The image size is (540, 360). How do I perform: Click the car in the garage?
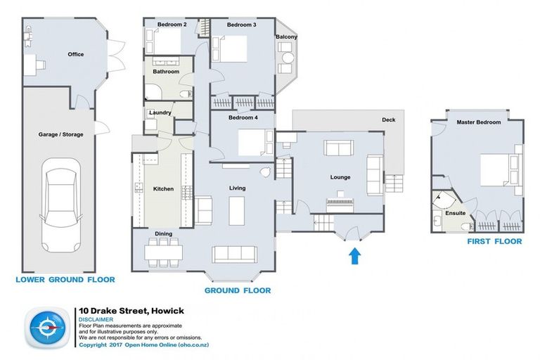pyautogui.click(x=61, y=205)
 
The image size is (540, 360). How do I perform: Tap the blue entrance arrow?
pyautogui.click(x=354, y=257)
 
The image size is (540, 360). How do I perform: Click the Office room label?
pyautogui.click(x=76, y=54)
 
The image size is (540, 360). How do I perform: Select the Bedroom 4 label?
pyautogui.click(x=243, y=117)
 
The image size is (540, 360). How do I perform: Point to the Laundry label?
pyautogui.click(x=160, y=112)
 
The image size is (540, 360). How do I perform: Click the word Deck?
pyautogui.click(x=388, y=120)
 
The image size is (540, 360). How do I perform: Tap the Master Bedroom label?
pyautogui.click(x=479, y=122)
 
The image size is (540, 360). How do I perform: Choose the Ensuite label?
pyautogui.click(x=456, y=213)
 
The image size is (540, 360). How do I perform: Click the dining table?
pyautogui.click(x=164, y=252)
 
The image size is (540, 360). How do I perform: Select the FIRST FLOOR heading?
pyautogui.click(x=494, y=241)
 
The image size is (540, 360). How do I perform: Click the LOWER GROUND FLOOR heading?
pyautogui.click(x=65, y=279)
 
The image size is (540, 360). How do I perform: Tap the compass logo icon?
pyautogui.click(x=46, y=327)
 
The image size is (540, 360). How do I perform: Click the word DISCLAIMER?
pyautogui.click(x=96, y=320)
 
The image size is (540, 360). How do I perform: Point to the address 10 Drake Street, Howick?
pyautogui.click(x=131, y=311)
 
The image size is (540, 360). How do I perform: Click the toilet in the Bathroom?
pyautogui.click(x=186, y=94)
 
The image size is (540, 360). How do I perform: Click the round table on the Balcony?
pyautogui.click(x=287, y=57)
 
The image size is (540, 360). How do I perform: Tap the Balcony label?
pyautogui.click(x=287, y=37)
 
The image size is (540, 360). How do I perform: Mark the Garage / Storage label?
pyautogui.click(x=61, y=134)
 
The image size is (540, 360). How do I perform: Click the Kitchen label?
pyautogui.click(x=163, y=188)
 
